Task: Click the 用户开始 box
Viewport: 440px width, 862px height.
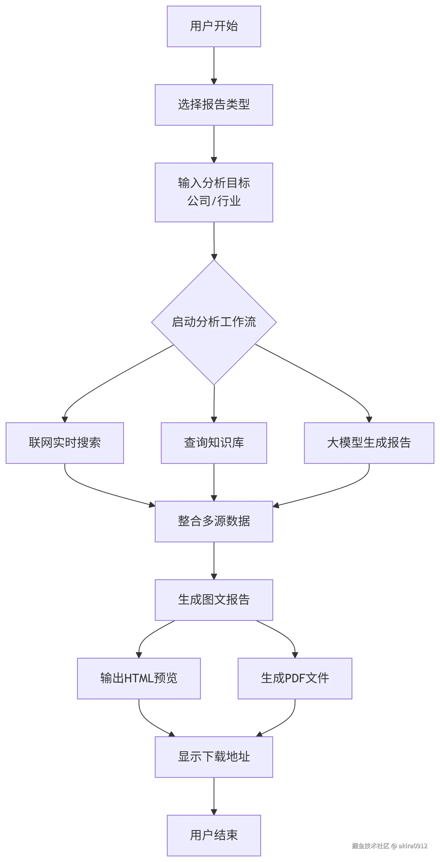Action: (214, 26)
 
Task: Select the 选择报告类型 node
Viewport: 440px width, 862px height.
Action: (214, 105)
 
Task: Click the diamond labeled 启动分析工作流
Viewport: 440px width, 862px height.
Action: (214, 322)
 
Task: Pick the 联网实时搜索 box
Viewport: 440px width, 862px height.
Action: (65, 443)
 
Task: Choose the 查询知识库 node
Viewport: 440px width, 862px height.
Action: (214, 443)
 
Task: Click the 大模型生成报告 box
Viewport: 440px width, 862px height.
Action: (369, 443)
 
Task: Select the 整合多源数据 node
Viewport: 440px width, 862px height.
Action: (214, 521)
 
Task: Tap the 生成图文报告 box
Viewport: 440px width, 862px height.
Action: (214, 600)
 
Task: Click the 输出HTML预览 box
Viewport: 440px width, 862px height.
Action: (139, 678)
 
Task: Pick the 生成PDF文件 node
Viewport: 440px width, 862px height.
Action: (295, 678)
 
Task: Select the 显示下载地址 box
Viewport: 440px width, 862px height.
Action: (214, 757)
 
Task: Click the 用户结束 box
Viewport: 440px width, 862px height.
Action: (214, 835)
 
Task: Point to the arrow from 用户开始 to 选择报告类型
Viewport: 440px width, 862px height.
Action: (214, 65)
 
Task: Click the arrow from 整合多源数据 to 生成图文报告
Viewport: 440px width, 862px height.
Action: (214, 561)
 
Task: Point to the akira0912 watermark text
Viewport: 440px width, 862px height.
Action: (412, 846)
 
